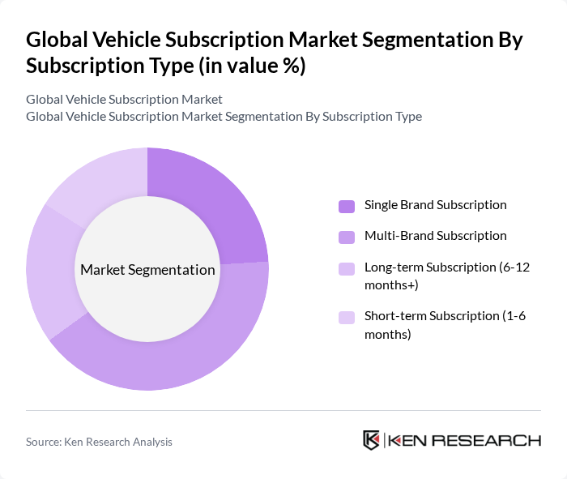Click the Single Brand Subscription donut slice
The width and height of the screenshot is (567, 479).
215,203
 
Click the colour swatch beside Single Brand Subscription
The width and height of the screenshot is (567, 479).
346,206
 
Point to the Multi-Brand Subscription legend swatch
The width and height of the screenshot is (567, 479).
346,237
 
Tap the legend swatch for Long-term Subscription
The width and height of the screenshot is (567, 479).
346,267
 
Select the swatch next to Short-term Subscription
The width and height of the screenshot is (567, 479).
346,316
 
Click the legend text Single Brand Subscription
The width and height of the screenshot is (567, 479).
435,205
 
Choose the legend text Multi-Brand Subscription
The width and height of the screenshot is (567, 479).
435,236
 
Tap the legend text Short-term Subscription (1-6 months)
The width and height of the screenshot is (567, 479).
445,324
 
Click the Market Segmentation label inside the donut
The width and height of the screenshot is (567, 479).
147,270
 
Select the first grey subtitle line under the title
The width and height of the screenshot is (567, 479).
124,99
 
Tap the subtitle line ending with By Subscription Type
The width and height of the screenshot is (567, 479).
224,116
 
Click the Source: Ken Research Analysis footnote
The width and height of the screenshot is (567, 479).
99,442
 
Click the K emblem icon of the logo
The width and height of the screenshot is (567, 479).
371,440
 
